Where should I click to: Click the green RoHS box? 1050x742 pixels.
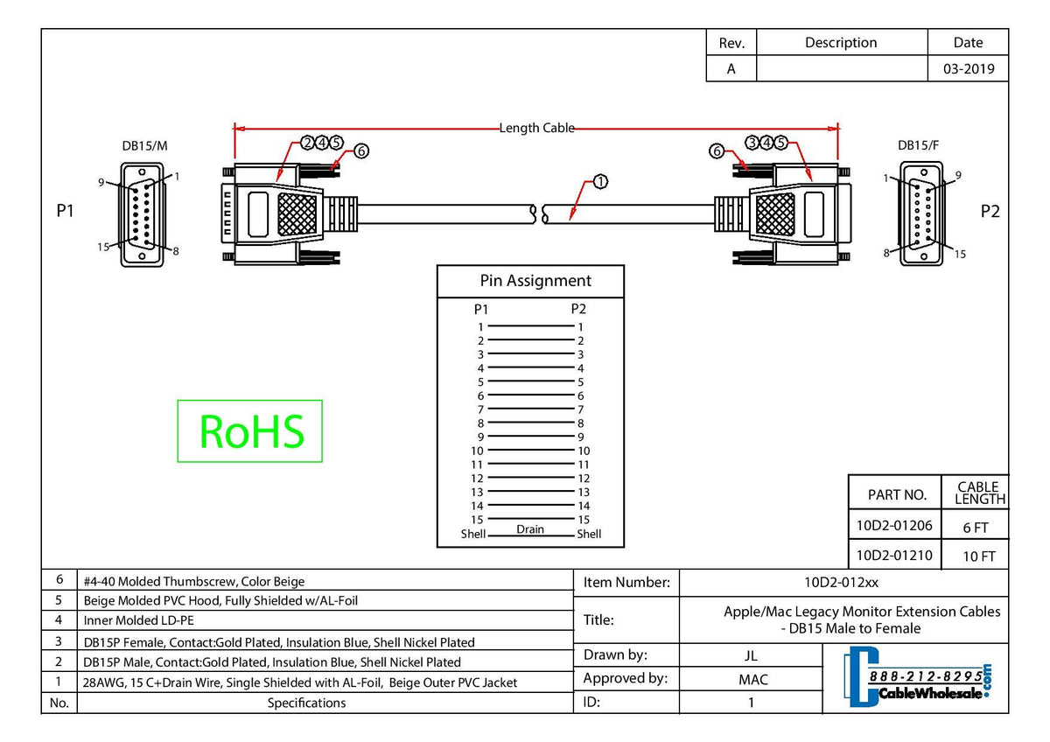tap(250, 430)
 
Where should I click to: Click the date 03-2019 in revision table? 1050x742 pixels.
tap(968, 69)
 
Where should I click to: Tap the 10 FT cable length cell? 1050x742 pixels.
tap(976, 555)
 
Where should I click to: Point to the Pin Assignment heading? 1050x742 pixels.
tap(535, 281)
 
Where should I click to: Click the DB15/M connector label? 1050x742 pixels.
tap(144, 146)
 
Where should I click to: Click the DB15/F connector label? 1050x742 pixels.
tap(918, 146)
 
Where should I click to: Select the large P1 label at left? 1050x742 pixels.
tap(65, 211)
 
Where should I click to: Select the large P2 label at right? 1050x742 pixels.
tap(990, 211)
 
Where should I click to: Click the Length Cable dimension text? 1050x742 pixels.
tap(536, 128)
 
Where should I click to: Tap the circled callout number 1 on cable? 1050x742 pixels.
tap(600, 182)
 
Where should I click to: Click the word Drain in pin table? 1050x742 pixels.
tap(529, 528)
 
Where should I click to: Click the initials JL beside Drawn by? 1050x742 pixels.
tap(751, 655)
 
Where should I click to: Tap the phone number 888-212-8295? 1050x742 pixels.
tap(923, 677)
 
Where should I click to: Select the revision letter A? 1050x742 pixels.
tap(731, 69)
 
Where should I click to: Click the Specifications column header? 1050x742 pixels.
tap(306, 703)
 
